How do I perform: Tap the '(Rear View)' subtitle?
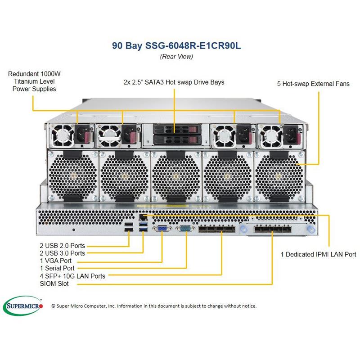176,57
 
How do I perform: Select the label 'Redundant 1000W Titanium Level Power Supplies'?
32,81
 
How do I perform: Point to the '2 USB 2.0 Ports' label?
62,246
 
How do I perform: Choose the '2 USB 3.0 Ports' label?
62,253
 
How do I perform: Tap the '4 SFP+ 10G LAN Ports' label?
72,276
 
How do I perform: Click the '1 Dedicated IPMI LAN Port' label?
318,254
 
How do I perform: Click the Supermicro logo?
23,306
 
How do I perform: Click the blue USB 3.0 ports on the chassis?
143,227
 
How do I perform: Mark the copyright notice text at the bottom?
154,306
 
